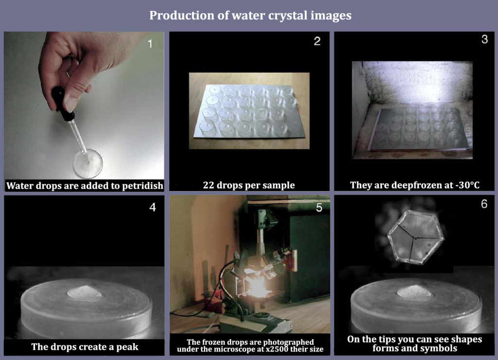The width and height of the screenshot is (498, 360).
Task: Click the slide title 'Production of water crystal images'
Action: point(250,16)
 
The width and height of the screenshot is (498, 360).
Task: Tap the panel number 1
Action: point(150,44)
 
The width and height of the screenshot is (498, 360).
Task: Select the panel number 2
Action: point(317,41)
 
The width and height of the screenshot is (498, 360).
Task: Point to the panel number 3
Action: point(484,40)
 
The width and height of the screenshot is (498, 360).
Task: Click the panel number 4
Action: point(153,207)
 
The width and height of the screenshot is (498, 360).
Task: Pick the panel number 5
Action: point(319,207)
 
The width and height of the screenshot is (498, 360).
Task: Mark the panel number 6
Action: point(484,204)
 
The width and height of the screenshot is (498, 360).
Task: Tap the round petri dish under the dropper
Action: point(88,163)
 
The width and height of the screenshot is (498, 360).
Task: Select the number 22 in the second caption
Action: point(209,185)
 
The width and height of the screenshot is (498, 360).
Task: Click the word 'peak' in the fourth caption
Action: point(127,347)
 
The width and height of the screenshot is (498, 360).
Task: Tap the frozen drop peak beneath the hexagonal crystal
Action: point(415,291)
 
